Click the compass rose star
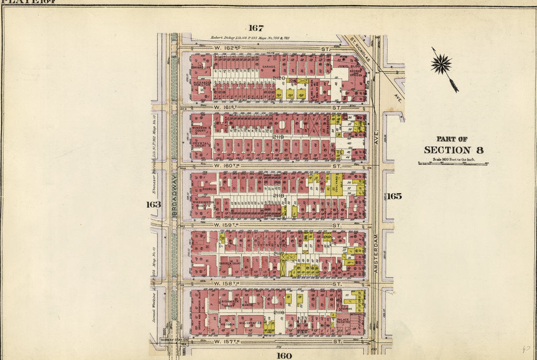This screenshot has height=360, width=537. pos(442,64)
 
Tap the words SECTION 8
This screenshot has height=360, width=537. pos(454,150)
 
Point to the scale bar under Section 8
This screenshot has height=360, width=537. pos(453,164)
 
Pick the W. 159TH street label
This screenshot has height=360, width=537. pos(225,226)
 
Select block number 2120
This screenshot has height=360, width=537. pos(278,78)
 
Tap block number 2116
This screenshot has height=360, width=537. pos(278,312)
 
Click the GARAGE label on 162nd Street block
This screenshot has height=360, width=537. pos(269,67)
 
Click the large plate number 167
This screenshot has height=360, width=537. pos(256,28)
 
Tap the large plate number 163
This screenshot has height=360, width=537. pos(153,204)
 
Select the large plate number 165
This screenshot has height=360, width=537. pos(394,196)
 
